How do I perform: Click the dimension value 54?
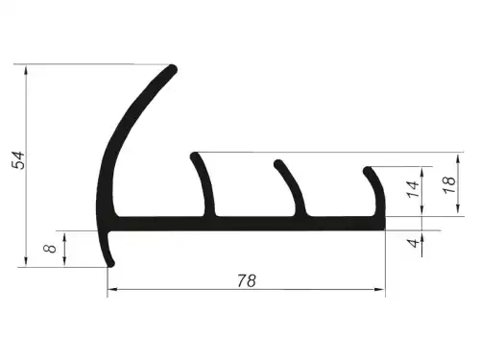[18, 160]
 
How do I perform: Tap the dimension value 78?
[247, 280]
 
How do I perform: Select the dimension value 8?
[50, 248]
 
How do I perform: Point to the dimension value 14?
[413, 189]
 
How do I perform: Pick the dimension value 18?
[449, 184]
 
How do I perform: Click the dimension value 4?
[413, 243]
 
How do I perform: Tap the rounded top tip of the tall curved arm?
[173, 69]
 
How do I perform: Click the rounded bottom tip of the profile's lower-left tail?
[110, 263]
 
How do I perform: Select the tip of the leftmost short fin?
[194, 156]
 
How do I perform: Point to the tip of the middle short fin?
[278, 163]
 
